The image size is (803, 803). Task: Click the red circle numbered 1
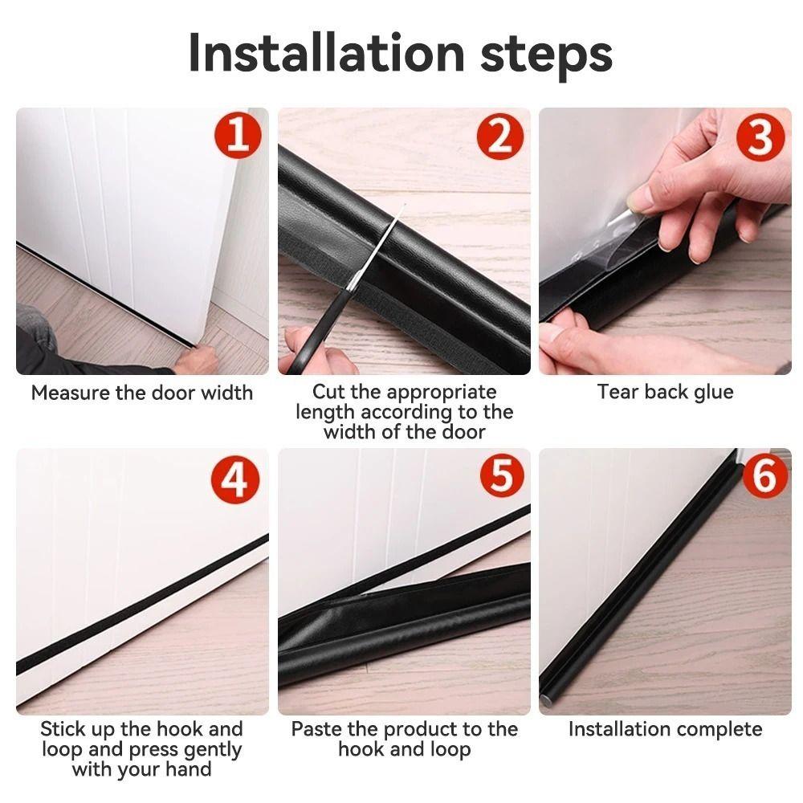click(x=237, y=137)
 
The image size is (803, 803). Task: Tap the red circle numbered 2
click(x=499, y=137)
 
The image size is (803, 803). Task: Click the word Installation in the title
click(x=326, y=53)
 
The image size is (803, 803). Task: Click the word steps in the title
click(x=546, y=53)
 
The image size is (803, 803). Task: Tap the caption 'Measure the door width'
click(x=142, y=393)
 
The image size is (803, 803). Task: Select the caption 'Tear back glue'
click(x=665, y=392)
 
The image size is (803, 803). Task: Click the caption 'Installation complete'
click(x=665, y=729)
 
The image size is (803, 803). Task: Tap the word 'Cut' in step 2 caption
click(x=328, y=393)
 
